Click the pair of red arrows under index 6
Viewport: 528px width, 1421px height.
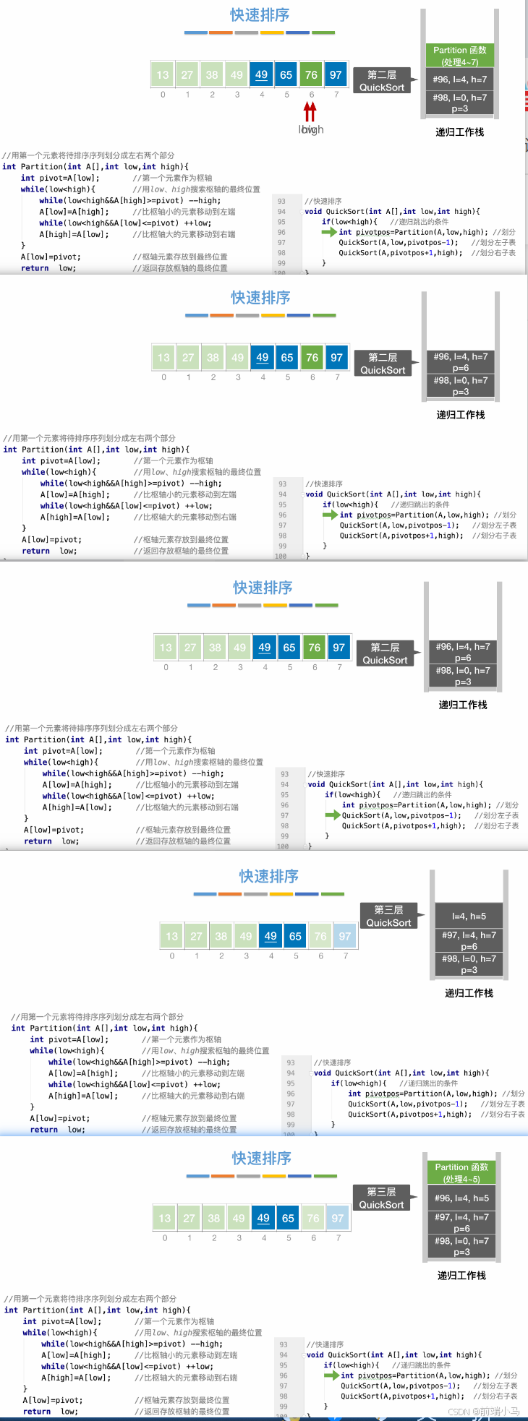(310, 111)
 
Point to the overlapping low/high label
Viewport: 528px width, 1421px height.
(311, 130)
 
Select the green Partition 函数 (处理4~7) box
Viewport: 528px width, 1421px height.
(460, 56)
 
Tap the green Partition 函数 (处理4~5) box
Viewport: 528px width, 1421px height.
(461, 1172)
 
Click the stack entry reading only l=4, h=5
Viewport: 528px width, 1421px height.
(469, 916)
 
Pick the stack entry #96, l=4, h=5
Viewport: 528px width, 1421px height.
(461, 1198)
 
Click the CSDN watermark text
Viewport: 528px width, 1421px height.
(484, 1411)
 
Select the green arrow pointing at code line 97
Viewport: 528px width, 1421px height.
(332, 815)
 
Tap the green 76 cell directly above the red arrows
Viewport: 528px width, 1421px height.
(311, 74)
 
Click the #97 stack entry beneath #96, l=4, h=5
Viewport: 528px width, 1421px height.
(461, 1222)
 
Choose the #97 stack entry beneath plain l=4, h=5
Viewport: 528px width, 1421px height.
(469, 940)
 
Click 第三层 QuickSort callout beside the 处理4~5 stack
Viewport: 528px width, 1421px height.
(381, 1198)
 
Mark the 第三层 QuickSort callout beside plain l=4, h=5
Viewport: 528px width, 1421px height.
(388, 916)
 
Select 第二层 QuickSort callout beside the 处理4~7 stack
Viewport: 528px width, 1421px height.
(382, 80)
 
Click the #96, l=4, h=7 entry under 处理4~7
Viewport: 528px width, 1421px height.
(460, 80)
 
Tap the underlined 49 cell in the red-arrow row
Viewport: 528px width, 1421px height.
(261, 74)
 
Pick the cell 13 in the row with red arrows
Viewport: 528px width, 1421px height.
(163, 74)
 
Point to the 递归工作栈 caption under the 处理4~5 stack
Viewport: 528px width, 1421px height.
(461, 1275)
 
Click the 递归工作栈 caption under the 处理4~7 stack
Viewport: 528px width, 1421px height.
(460, 132)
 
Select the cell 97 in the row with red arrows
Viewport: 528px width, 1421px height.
(336, 74)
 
